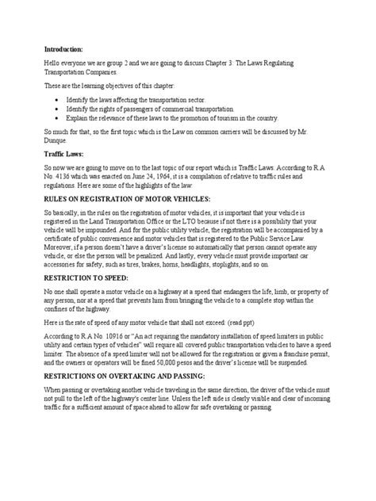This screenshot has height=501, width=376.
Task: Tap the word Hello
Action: pyautogui.click(x=53, y=68)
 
